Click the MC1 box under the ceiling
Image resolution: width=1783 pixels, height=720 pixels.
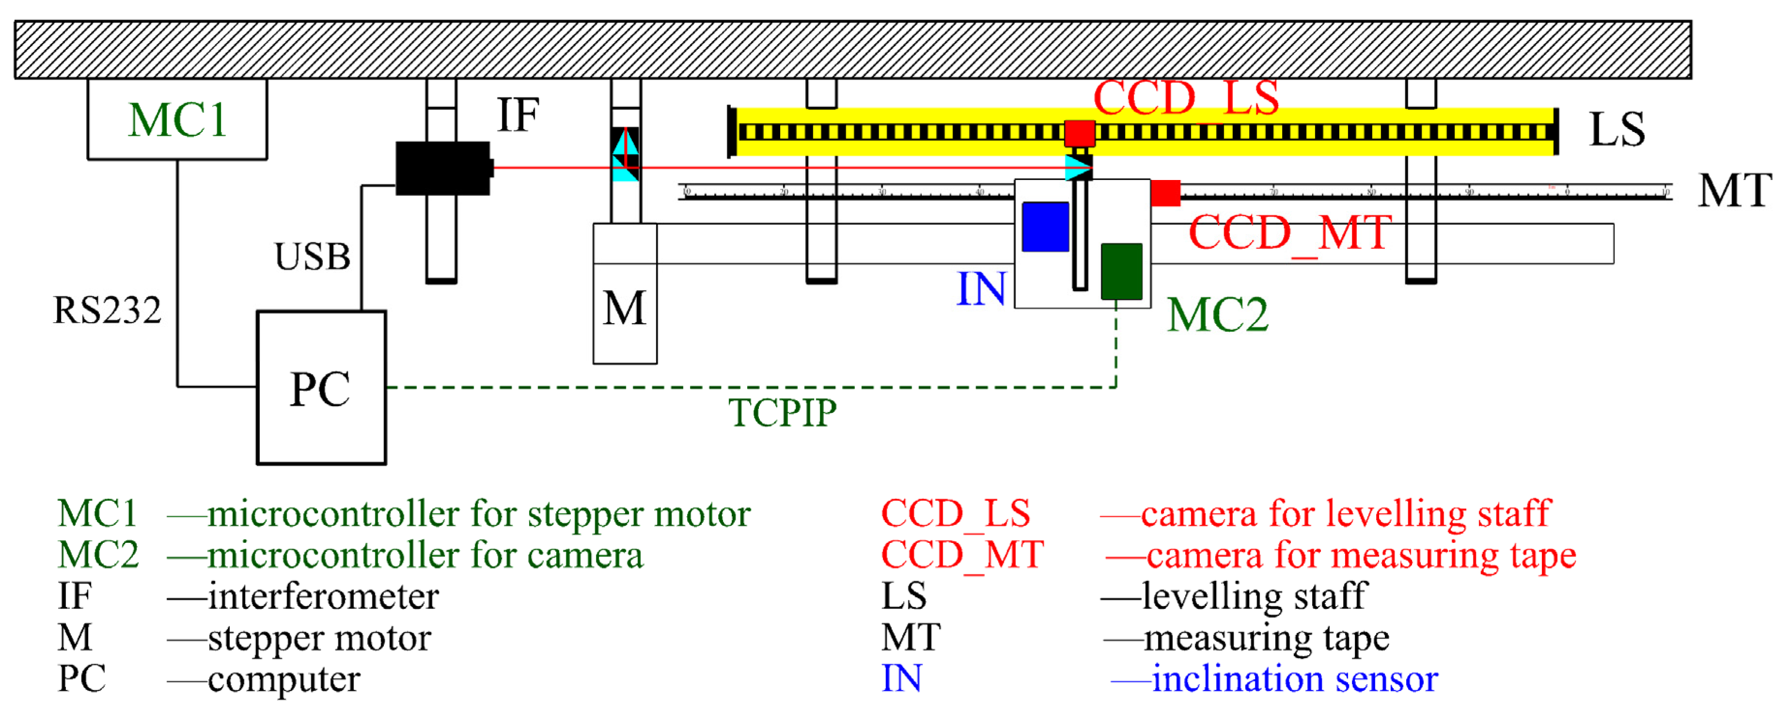coord(177,119)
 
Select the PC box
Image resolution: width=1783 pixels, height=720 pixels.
coord(321,388)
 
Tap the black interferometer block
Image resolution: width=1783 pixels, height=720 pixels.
coord(443,168)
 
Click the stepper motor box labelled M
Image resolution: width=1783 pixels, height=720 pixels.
coord(625,308)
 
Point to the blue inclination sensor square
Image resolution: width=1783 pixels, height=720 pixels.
coord(1045,227)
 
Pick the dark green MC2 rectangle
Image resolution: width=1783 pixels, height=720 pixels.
coord(1121,271)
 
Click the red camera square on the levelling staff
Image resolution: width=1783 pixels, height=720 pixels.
coord(1079,133)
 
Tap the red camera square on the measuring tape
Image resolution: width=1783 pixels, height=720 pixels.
coord(1166,193)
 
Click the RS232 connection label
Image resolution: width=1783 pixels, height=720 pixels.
coord(107,310)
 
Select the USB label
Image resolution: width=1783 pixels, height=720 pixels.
coord(312,257)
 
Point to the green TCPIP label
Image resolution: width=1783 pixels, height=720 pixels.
coord(782,413)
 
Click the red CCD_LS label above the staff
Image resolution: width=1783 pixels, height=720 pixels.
coord(1186,98)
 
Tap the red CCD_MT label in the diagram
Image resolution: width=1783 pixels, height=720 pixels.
coord(1289,233)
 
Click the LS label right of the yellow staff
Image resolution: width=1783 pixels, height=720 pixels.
coord(1616,130)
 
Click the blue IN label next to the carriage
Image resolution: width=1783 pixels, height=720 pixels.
coord(981,289)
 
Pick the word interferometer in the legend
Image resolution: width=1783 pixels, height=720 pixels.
coord(323,596)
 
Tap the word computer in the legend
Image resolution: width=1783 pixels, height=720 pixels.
coord(284,679)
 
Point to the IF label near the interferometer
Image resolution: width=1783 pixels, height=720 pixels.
coord(518,115)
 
